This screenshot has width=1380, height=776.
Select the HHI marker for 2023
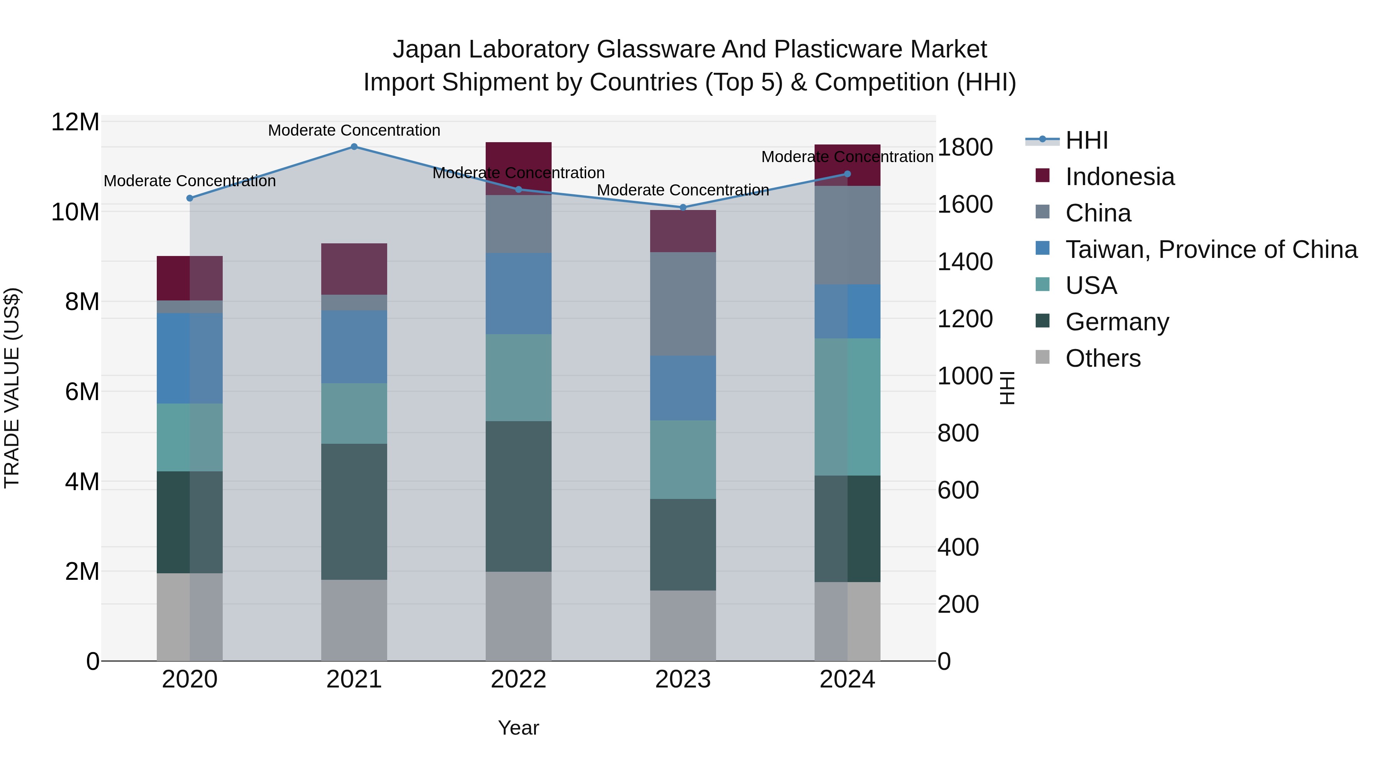pos(682,207)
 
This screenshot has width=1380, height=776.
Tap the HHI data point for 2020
pos(190,198)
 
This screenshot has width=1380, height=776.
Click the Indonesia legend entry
pos(1120,177)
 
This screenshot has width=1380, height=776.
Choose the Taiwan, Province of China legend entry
pos(1211,249)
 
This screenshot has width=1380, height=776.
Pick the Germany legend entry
pos(1117,322)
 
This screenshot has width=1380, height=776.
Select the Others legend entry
pos(1103,358)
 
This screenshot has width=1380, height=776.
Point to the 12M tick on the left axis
pos(75,123)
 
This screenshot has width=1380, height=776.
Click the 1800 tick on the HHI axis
pos(965,147)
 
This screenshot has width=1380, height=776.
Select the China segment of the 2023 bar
pos(682,304)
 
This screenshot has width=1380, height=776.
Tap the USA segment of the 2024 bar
pos(847,407)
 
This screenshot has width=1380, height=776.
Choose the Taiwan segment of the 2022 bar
pos(518,294)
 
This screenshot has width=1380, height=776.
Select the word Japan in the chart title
pos(426,50)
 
